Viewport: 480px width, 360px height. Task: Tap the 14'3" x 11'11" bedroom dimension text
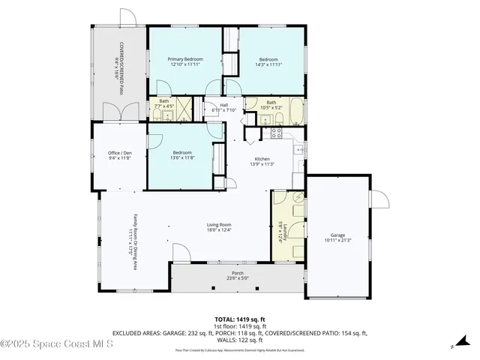268,65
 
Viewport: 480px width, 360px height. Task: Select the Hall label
223,105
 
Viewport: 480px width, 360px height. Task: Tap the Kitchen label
262,158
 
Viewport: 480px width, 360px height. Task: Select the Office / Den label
120,153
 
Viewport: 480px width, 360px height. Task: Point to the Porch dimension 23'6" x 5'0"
237,278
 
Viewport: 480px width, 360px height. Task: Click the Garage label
337,235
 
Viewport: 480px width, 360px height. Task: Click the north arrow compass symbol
454,346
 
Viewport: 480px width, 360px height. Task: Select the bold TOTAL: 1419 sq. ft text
240,318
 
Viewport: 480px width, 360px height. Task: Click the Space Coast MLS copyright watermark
56,344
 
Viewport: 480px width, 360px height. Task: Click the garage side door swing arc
379,200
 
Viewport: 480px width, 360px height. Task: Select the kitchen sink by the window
298,151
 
